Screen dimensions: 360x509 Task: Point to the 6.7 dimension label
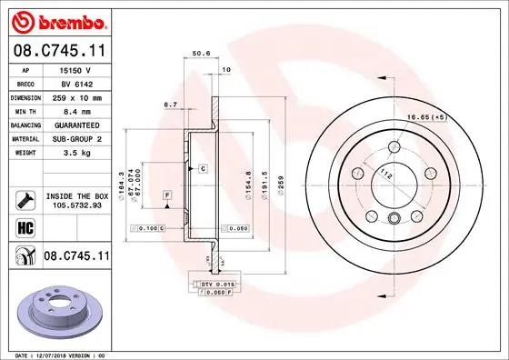point(170,105)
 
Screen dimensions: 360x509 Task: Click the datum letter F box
point(167,195)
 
